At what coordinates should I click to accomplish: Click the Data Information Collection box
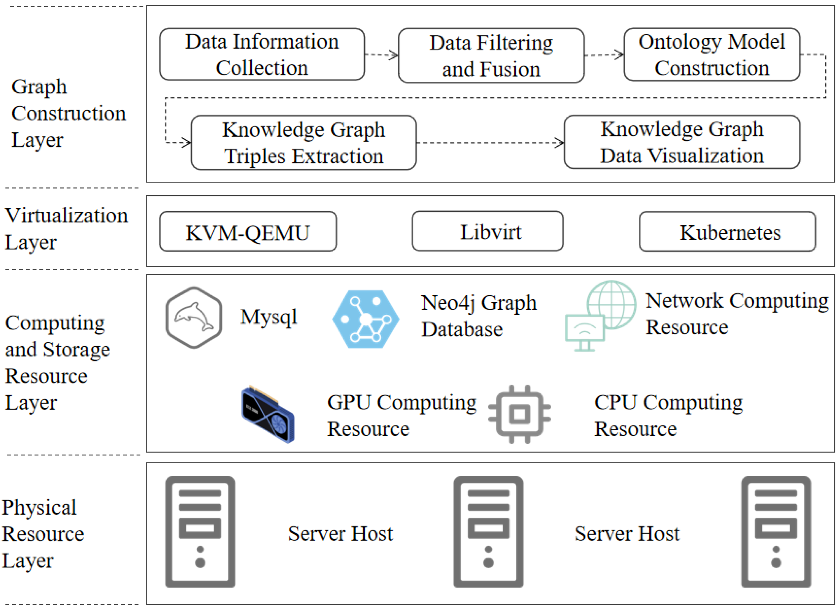pyautogui.click(x=262, y=54)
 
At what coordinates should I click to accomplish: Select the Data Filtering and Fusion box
pyautogui.click(x=491, y=55)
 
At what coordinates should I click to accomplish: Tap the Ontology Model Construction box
pyautogui.click(x=712, y=54)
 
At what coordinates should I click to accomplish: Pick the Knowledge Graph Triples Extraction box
pyautogui.click(x=304, y=143)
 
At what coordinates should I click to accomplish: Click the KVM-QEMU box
pyautogui.click(x=248, y=231)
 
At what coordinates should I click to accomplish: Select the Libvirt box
pyautogui.click(x=488, y=231)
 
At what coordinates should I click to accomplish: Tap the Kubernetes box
pyautogui.click(x=727, y=231)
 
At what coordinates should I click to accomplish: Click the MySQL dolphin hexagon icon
pyautogui.click(x=194, y=317)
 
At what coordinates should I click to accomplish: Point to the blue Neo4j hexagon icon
pyautogui.click(x=366, y=319)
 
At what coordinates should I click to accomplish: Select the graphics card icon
pyautogui.click(x=268, y=414)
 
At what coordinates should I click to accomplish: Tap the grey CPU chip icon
pyautogui.click(x=520, y=414)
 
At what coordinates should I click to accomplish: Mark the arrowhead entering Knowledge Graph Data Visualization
pyautogui.click(x=560, y=143)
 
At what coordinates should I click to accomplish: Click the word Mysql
pyautogui.click(x=269, y=317)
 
